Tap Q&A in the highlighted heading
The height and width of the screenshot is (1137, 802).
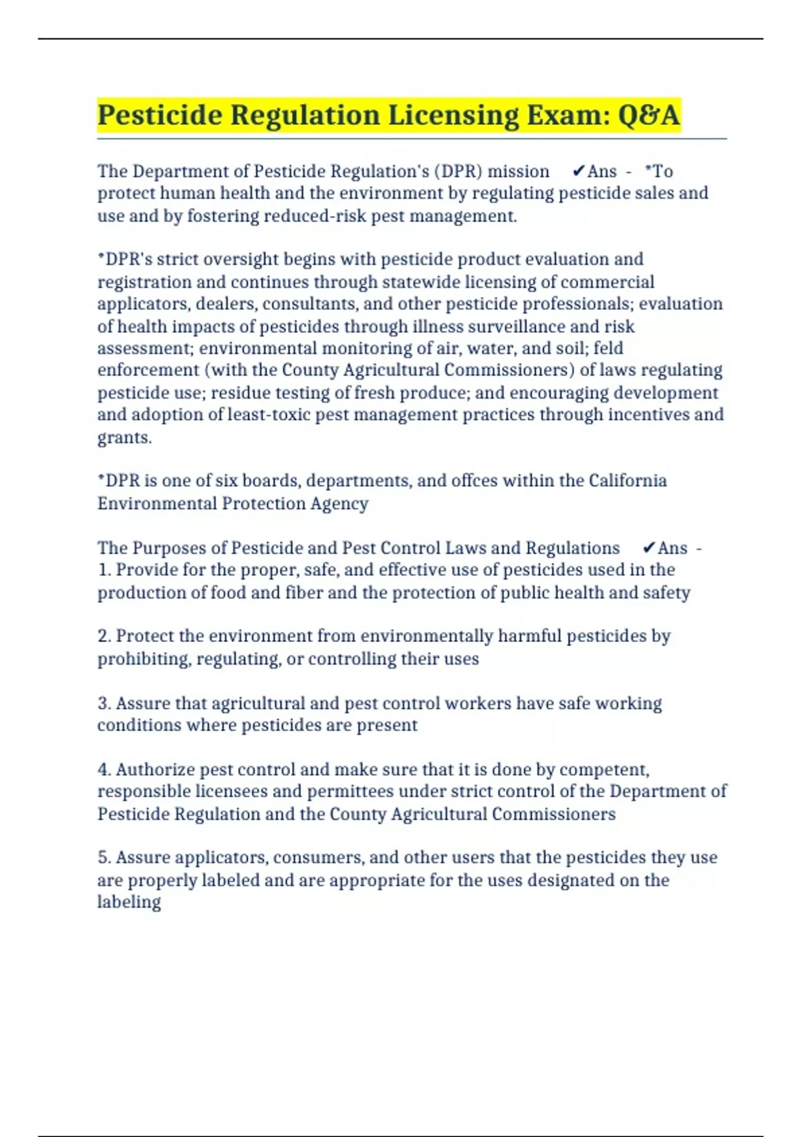coord(648,116)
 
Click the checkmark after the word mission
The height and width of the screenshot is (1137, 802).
coord(579,172)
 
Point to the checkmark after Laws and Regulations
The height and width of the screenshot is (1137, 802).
coord(648,548)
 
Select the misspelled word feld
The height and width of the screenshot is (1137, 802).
coord(608,348)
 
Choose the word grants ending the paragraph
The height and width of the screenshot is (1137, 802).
coord(124,438)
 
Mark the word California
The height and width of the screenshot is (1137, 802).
coord(627,481)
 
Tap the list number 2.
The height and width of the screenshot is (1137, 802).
coord(104,636)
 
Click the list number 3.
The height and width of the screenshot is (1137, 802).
coord(104,704)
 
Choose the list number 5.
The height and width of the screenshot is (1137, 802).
coord(104,857)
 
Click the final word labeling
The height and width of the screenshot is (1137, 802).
coord(129,902)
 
